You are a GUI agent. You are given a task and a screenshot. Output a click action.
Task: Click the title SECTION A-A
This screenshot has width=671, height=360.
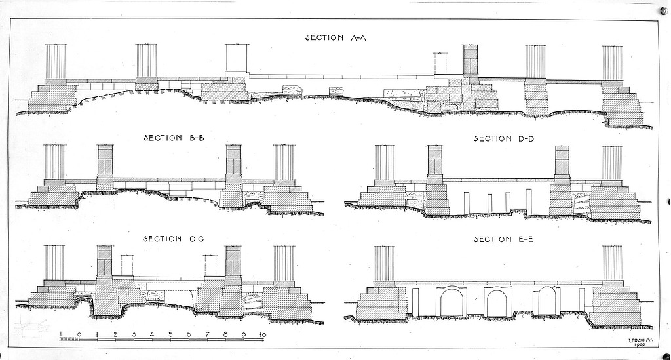click(335, 37)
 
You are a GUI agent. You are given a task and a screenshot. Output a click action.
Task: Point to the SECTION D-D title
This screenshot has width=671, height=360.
click(501, 138)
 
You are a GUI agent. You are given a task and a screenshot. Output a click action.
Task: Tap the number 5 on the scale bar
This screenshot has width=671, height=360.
click(170, 335)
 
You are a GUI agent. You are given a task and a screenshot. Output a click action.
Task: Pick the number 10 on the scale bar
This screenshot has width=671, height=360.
click(263, 335)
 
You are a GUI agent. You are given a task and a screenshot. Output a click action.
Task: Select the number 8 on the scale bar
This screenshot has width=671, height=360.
click(225, 335)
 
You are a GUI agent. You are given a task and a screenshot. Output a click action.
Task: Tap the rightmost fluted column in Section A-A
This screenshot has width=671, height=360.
click(612, 62)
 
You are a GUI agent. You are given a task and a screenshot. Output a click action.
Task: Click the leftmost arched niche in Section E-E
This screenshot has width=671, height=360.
click(451, 302)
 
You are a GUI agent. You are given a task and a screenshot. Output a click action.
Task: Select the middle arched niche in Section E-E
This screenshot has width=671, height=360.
click(497, 302)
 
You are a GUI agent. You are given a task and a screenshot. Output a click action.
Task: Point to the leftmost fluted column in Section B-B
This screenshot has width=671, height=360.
click(54, 162)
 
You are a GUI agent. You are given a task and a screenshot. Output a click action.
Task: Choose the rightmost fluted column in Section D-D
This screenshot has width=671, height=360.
click(611, 162)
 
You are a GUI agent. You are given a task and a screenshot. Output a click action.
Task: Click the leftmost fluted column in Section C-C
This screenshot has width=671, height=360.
click(54, 263)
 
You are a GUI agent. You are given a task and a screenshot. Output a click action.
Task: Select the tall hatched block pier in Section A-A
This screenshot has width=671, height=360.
click(470, 61)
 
